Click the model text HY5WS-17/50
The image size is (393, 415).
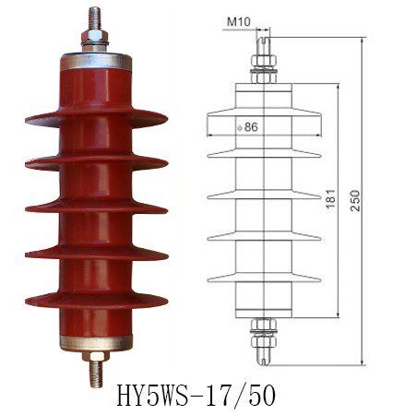click(x=196, y=395)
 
